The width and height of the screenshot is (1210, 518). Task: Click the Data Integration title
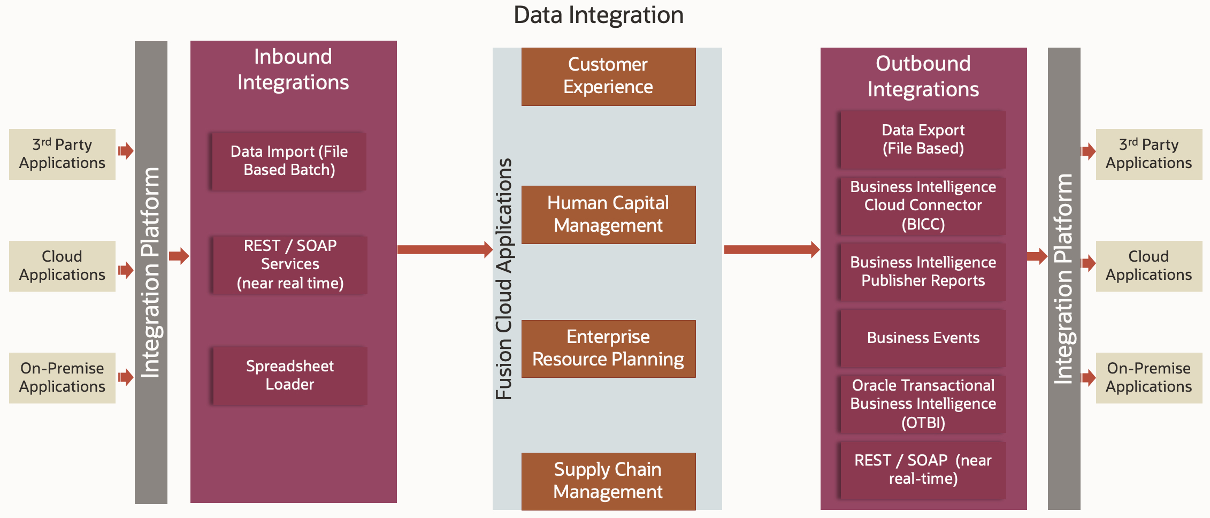click(598, 15)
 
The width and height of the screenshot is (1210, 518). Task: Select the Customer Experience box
click(608, 77)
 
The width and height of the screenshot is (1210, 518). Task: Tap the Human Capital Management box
click(608, 215)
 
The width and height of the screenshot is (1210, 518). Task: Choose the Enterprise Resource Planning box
click(608, 348)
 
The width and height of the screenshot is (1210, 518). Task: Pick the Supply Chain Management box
click(608, 481)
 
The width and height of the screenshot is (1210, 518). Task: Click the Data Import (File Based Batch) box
click(289, 161)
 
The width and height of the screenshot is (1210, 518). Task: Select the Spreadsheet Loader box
click(289, 376)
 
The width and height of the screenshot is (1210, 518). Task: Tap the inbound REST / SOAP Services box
click(289, 264)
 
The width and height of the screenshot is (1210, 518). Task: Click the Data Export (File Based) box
click(923, 140)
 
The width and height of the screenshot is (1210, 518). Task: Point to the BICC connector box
click(923, 205)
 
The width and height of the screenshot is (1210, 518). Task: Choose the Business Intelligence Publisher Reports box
click(923, 271)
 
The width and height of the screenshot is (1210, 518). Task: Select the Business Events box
click(923, 338)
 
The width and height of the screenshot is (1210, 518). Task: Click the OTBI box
click(923, 404)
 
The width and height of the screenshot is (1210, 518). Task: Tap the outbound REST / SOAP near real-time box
click(923, 470)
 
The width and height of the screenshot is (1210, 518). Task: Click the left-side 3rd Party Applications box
click(62, 154)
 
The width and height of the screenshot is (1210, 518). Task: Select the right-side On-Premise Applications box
click(1148, 378)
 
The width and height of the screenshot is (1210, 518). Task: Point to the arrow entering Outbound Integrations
click(771, 249)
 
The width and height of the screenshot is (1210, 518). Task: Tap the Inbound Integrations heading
click(293, 70)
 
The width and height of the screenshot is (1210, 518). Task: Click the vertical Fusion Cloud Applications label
click(504, 278)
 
